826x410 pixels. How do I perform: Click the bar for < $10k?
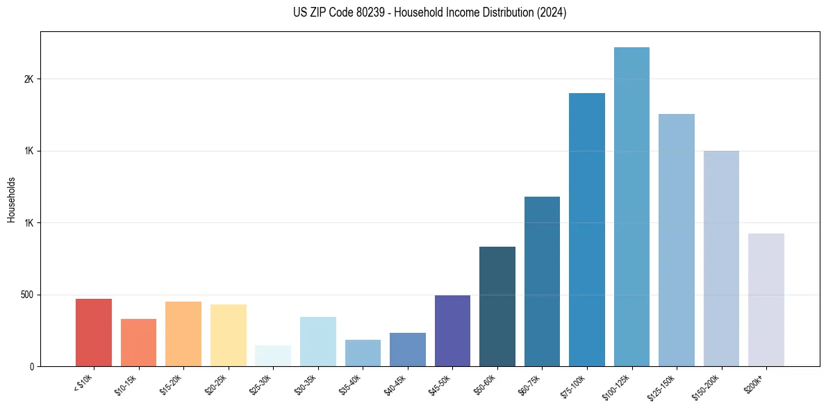[x=94, y=333]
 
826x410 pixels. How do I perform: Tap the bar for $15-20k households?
[x=183, y=334]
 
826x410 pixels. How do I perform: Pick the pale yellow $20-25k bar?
[x=229, y=336]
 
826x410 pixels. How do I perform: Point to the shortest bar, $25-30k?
[x=273, y=356]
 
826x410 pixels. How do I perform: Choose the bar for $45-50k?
[x=452, y=331]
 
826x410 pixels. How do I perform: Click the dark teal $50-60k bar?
[x=497, y=306]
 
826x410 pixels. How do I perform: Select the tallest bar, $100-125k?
[x=631, y=206]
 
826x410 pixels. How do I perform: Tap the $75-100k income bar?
[x=587, y=229]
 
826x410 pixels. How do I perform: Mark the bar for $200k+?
[x=766, y=300]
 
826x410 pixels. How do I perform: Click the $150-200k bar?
[x=721, y=259]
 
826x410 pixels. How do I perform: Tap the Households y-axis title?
[x=11, y=199]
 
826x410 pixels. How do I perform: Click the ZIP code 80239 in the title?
[x=367, y=13]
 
